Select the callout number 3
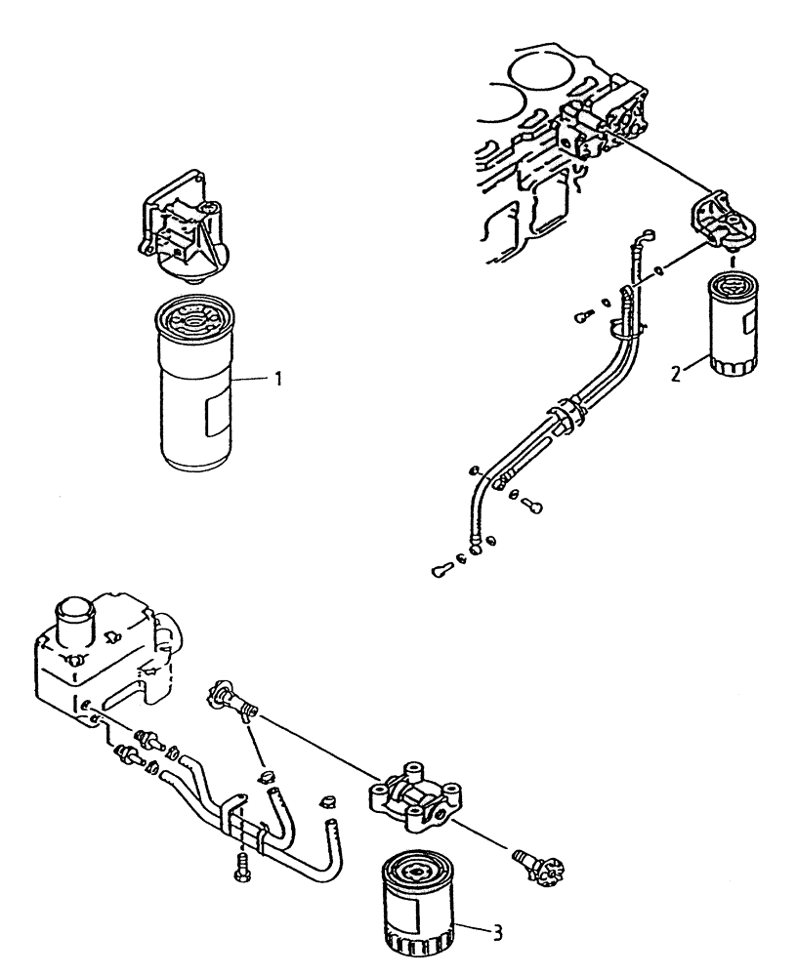(499, 932)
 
